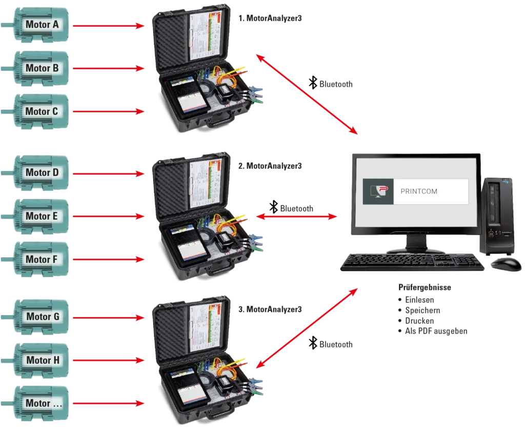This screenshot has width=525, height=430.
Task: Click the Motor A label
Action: [x=42, y=25]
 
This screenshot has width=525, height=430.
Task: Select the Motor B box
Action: [x=42, y=68]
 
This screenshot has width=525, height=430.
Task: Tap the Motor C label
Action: [x=42, y=111]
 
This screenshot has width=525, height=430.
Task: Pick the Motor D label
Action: [x=42, y=172]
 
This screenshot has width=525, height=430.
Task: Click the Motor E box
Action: [x=42, y=216]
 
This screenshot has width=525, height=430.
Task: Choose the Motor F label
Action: [x=42, y=259]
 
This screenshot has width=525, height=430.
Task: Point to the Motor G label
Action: [x=42, y=317]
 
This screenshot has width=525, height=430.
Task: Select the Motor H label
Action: [x=42, y=360]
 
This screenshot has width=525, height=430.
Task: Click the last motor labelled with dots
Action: [x=42, y=403]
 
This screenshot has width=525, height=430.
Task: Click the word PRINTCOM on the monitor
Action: [x=418, y=191]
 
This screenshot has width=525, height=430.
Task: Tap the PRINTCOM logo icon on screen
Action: [x=377, y=191]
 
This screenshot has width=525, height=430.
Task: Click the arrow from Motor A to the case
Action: [x=108, y=25]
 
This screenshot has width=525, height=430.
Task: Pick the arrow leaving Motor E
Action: [x=108, y=217]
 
